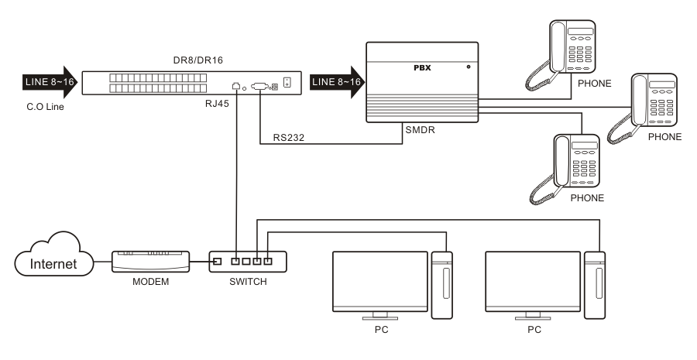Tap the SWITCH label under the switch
click(248, 281)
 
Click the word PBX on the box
click(421, 68)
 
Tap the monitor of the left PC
click(379, 278)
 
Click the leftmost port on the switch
click(219, 260)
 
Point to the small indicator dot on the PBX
click(468, 68)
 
